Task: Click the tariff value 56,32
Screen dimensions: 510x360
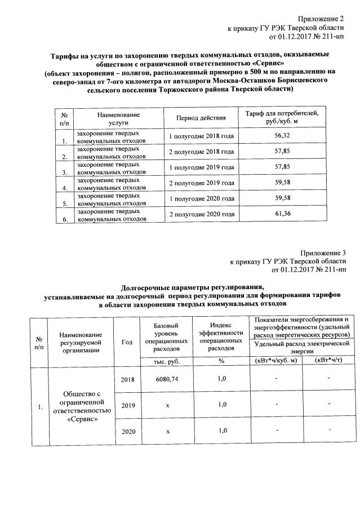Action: point(281,136)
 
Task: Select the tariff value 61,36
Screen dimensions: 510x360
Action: point(281,214)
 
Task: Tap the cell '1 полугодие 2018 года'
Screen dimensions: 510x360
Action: point(201,136)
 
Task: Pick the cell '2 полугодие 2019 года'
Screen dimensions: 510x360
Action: point(201,183)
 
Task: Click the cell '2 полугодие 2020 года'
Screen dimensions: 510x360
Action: point(201,214)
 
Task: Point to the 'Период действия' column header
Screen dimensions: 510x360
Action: point(201,118)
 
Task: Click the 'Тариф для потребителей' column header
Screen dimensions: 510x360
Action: point(282,118)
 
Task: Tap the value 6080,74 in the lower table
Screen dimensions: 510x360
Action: point(167,379)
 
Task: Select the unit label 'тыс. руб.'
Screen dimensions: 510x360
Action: point(167,361)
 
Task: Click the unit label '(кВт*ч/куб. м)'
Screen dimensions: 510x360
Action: point(276,361)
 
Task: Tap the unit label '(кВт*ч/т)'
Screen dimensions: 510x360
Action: point(330,361)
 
